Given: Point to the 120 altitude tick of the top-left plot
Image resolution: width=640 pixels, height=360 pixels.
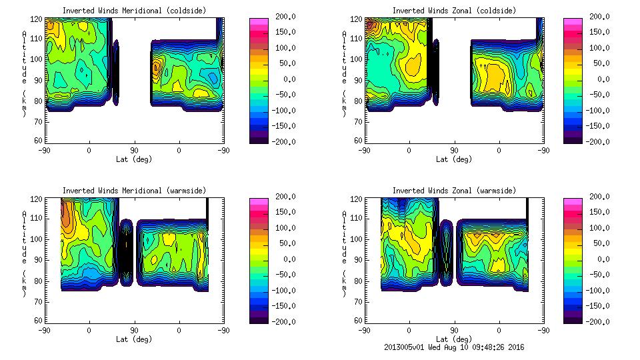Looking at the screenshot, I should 37,19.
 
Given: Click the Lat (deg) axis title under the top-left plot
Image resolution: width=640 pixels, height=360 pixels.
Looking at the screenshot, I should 134,159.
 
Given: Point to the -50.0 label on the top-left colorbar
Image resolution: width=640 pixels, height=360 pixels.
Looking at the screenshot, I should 286,95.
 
